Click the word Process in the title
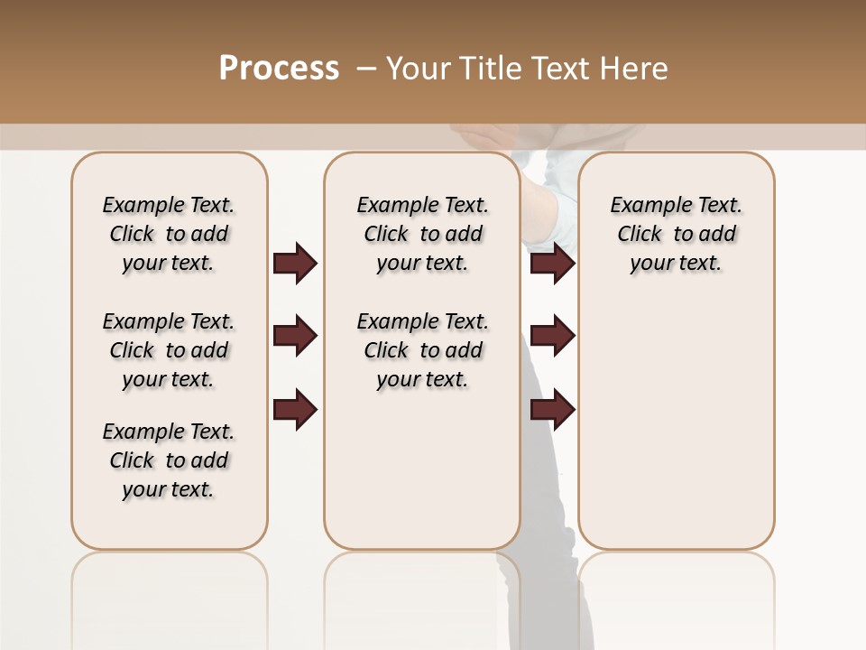tap(279, 69)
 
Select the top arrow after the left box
tap(295, 264)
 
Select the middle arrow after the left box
tap(295, 337)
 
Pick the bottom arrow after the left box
tap(295, 410)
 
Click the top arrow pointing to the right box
tap(552, 264)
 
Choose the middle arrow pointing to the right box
tap(552, 337)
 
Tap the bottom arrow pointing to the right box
tap(552, 410)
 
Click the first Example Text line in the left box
tap(169, 205)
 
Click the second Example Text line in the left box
tap(169, 321)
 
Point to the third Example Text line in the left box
tap(169, 432)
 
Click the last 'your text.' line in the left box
tap(169, 489)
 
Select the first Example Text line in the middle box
tap(422, 205)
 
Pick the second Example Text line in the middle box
tap(422, 321)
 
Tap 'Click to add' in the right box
tap(677, 234)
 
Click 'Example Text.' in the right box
tap(677, 205)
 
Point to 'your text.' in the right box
tap(677, 263)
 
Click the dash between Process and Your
tap(366, 69)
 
